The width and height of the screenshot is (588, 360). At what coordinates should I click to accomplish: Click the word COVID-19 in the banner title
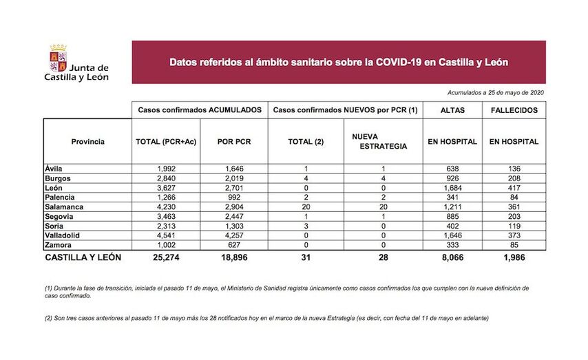[x=399, y=62]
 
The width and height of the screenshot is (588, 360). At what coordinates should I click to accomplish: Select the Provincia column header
[x=87, y=142]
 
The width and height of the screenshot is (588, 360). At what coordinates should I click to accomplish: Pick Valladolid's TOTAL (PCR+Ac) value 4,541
[x=166, y=235]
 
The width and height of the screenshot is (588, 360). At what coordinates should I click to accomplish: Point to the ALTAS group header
[x=452, y=110]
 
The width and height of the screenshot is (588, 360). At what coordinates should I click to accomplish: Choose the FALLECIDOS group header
[x=514, y=110]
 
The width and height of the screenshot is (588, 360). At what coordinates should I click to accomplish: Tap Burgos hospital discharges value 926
[x=452, y=177]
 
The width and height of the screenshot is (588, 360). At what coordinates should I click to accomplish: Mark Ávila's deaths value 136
[x=514, y=167]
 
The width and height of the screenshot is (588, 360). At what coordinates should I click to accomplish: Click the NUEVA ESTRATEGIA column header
[x=379, y=142]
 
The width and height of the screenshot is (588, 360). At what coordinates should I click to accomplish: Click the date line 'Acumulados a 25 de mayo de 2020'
[x=496, y=92]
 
